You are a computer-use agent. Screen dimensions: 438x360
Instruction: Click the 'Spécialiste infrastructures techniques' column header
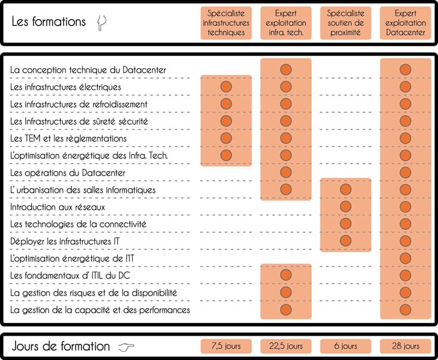pos(226,23)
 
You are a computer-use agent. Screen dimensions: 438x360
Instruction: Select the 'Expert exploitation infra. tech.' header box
pos(286,23)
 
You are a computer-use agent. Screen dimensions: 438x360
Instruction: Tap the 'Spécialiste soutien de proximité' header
pos(345,23)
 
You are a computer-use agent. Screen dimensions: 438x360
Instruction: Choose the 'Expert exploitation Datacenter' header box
pos(405,23)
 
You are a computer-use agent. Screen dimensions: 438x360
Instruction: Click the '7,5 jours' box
pos(226,346)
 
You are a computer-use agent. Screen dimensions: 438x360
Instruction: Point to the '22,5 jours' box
pos(286,346)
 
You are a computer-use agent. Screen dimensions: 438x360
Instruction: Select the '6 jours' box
pos(345,346)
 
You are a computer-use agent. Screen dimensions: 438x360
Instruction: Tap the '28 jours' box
pos(405,346)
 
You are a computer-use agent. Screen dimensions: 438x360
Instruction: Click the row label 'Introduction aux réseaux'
pos(58,207)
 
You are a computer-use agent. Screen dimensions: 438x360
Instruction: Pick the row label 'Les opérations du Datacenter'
pos(68,173)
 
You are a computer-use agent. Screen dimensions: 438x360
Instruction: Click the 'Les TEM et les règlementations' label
pos(68,138)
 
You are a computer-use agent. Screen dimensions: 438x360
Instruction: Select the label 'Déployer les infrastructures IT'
pos(65,241)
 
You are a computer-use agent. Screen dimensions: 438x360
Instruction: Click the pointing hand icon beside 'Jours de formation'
pos(126,347)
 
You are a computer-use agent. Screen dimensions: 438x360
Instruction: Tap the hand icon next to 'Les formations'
pos(101,23)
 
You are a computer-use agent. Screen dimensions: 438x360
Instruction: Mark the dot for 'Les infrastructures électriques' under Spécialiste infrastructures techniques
pos(226,86)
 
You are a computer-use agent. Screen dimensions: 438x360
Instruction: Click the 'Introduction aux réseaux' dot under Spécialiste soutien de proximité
pos(345,207)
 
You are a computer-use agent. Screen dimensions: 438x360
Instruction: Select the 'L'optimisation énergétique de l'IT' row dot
pos(405,258)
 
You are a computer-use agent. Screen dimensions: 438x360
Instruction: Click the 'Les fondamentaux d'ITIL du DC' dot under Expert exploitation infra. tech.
pos(286,275)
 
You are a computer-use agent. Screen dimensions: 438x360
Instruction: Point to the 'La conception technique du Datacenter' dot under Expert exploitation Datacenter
pos(405,69)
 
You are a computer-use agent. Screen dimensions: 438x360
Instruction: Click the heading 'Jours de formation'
pos(61,346)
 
